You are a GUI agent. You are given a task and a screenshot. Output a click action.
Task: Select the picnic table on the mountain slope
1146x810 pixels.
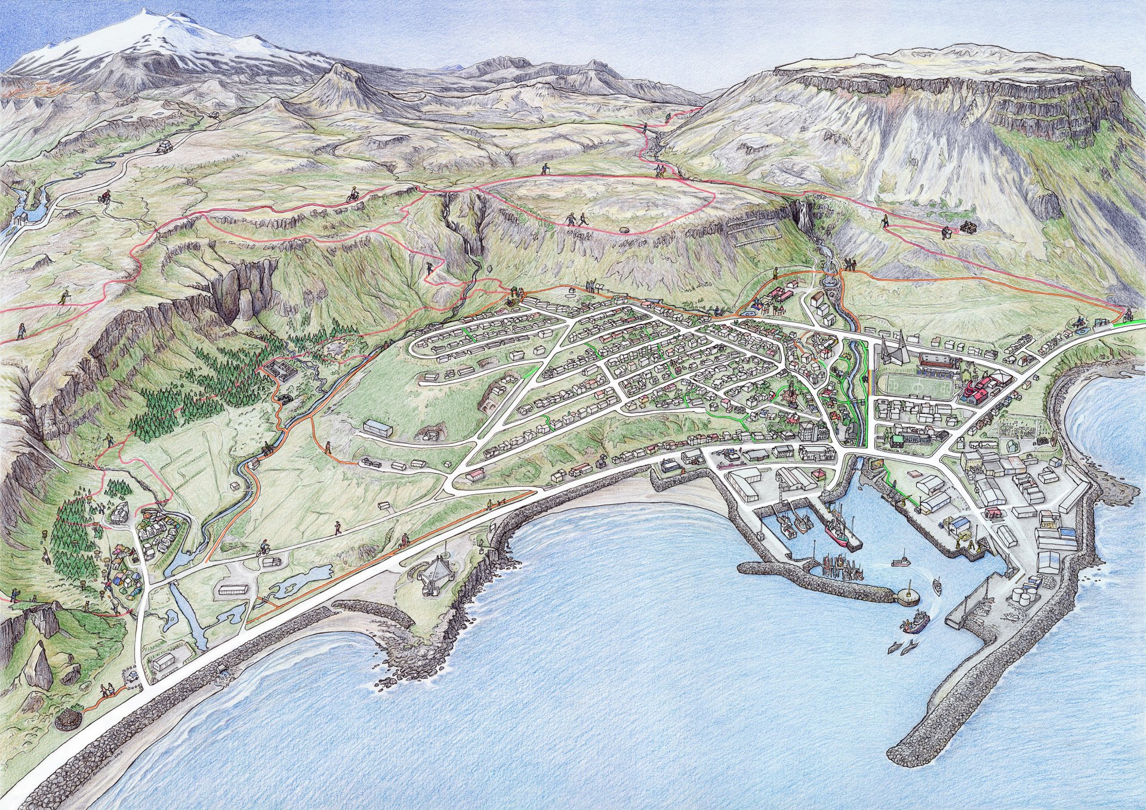click(x=968, y=226)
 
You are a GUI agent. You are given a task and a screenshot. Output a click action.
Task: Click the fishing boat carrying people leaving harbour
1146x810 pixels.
click(x=914, y=623)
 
